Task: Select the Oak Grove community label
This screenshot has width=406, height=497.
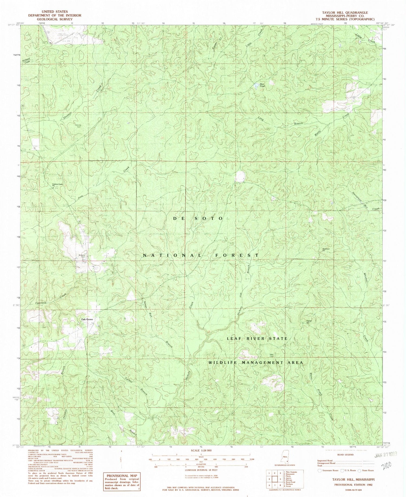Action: [87, 320]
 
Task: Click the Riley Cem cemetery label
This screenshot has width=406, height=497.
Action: [272, 356]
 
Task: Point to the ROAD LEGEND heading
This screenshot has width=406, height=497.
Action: [339, 455]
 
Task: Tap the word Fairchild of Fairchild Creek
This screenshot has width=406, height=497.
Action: [35, 303]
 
